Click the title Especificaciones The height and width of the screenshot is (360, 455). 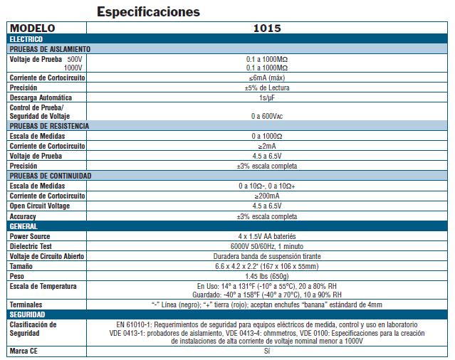[148, 12]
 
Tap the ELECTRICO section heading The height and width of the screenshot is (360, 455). [26, 39]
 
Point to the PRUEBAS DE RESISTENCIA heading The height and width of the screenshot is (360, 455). [49, 125]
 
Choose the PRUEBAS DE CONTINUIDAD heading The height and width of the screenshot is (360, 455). [51, 175]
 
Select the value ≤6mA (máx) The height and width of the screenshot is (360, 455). [266, 78]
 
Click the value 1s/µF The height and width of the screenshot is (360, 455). [266, 97]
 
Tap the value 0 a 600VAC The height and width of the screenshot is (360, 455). [266, 115]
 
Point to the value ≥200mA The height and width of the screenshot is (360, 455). [266, 195]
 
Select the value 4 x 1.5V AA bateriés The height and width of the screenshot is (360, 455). [266, 235]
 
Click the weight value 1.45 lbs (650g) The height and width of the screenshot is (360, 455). [266, 275]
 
